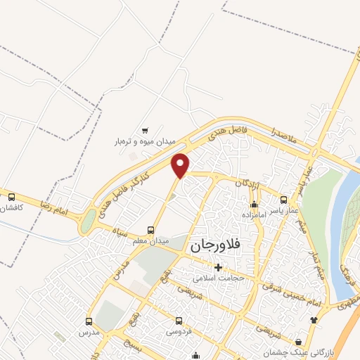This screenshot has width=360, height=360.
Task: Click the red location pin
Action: coord(181,165)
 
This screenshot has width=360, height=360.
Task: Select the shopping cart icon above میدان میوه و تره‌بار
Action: coord(145,130)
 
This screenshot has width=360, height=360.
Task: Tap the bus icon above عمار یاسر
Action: coord(283,200)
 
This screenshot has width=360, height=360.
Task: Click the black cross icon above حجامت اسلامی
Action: coord(218,267)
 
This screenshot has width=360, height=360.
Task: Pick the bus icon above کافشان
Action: coord(11,197)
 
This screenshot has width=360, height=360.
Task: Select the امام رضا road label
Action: coord(56,207)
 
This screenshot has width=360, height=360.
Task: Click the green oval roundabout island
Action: coord(88,221)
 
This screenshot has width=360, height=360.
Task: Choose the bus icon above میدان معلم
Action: coord(150,230)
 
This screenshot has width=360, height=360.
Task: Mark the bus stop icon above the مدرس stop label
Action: coord(89,321)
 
